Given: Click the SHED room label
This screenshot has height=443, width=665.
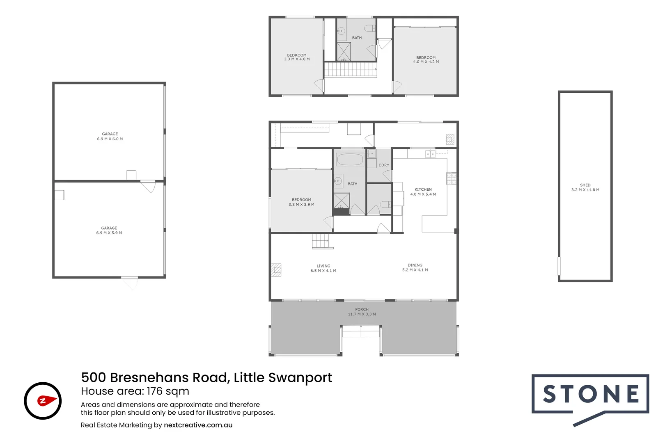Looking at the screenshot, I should point(585,187).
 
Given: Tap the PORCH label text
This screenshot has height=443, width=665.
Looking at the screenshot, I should point(362,312).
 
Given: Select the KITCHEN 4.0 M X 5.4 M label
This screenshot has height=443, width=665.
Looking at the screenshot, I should point(423,192).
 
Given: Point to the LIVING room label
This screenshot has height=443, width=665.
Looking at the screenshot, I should point(323,268).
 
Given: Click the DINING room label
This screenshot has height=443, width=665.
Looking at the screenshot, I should point(415,267).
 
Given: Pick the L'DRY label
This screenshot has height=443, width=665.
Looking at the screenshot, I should point(383,165).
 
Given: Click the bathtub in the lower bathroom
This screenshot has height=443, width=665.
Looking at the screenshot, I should point(350,159).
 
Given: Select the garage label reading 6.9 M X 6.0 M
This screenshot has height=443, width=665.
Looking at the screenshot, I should point(110,137).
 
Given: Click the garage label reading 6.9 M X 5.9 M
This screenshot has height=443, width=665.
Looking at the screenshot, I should point(109,231).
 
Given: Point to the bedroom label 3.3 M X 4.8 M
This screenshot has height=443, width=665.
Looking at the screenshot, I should point(296,57).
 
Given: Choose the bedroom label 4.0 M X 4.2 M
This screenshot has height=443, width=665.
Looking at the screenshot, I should point(426,60).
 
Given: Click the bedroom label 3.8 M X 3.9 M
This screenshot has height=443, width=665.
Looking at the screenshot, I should point(301,202).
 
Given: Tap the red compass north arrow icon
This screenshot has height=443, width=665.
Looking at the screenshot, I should point(46,400).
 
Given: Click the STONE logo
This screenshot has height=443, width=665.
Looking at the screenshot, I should point(590,395).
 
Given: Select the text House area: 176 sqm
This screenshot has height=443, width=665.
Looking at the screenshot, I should point(135,391).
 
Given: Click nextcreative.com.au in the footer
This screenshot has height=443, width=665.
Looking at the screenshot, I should point(198,425).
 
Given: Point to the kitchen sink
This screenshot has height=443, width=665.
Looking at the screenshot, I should point(430,154).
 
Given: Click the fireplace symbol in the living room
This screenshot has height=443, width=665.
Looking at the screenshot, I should point(276,269).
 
